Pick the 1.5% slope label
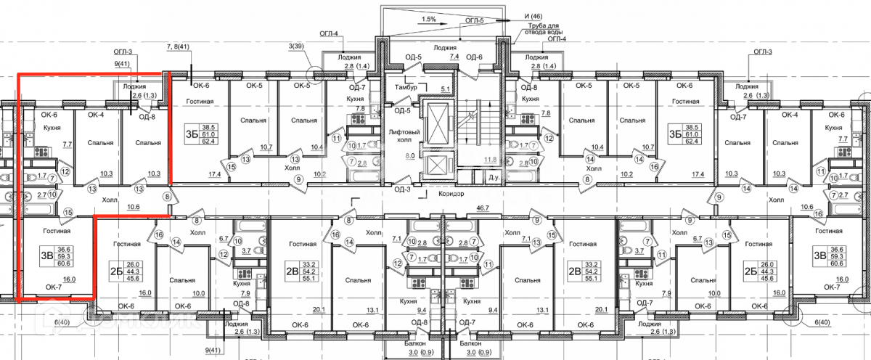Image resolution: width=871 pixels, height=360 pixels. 428,20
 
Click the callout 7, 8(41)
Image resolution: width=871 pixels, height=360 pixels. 178,47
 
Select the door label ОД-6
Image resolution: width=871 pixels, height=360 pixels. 474,57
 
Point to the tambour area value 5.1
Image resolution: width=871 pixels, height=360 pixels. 446,90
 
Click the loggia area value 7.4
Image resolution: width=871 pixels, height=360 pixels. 454,56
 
